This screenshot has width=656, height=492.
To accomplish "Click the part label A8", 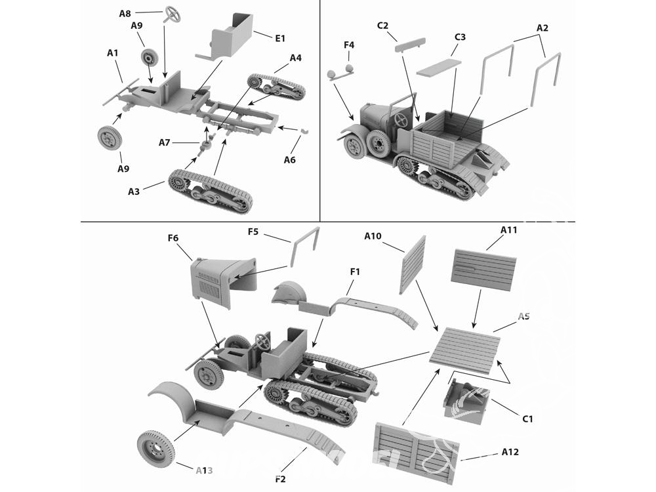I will point(125,13).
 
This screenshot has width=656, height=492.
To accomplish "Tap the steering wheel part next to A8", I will point(173,13).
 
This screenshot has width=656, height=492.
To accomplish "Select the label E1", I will point(280,38).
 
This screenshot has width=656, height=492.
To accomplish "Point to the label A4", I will point(295,58).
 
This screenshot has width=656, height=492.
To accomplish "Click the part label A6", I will point(290,160).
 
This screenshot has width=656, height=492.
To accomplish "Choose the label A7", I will point(165,142).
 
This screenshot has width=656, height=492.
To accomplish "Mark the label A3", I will point(134,192).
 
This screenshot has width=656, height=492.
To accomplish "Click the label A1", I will point(113,52).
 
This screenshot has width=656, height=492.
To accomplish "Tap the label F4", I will point(349,45).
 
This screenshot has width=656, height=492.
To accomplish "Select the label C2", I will point(383,26).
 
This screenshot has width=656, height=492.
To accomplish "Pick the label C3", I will point(460,37).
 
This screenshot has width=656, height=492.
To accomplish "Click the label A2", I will point(542,28).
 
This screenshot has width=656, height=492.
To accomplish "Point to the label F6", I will point(173,238).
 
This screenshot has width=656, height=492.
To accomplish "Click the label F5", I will point(254,232).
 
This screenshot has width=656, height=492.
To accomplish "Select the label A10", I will point(373,236).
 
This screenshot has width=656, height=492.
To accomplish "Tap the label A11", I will point(509,230).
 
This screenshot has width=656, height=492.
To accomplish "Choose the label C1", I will point(527,419).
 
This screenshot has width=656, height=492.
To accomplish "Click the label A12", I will point(510,452).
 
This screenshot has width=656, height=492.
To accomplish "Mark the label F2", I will point(280,480).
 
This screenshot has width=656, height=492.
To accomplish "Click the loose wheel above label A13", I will point(156,449).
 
